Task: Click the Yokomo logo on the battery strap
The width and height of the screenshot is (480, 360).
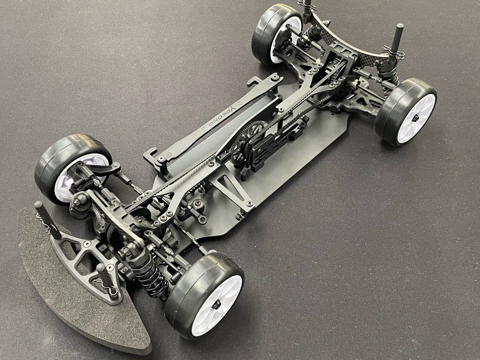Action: click(x=221, y=115)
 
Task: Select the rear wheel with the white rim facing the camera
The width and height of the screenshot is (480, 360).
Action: click(x=406, y=112)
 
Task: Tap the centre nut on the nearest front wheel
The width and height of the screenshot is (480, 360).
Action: click(x=216, y=304)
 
